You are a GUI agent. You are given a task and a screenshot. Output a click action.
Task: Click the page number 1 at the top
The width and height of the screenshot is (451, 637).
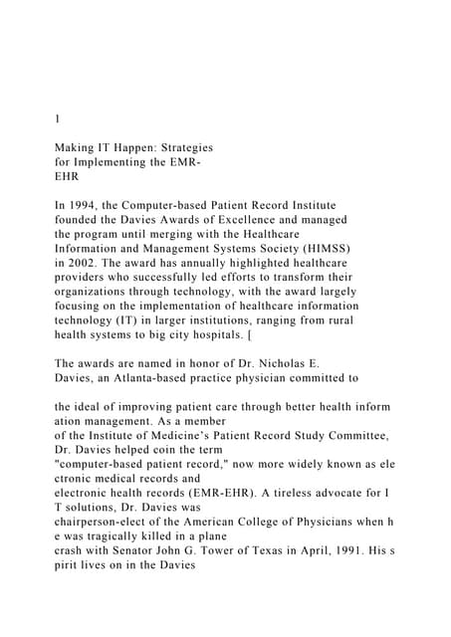click(x=57, y=117)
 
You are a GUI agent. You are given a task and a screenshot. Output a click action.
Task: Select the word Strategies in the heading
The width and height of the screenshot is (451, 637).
click(x=183, y=146)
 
